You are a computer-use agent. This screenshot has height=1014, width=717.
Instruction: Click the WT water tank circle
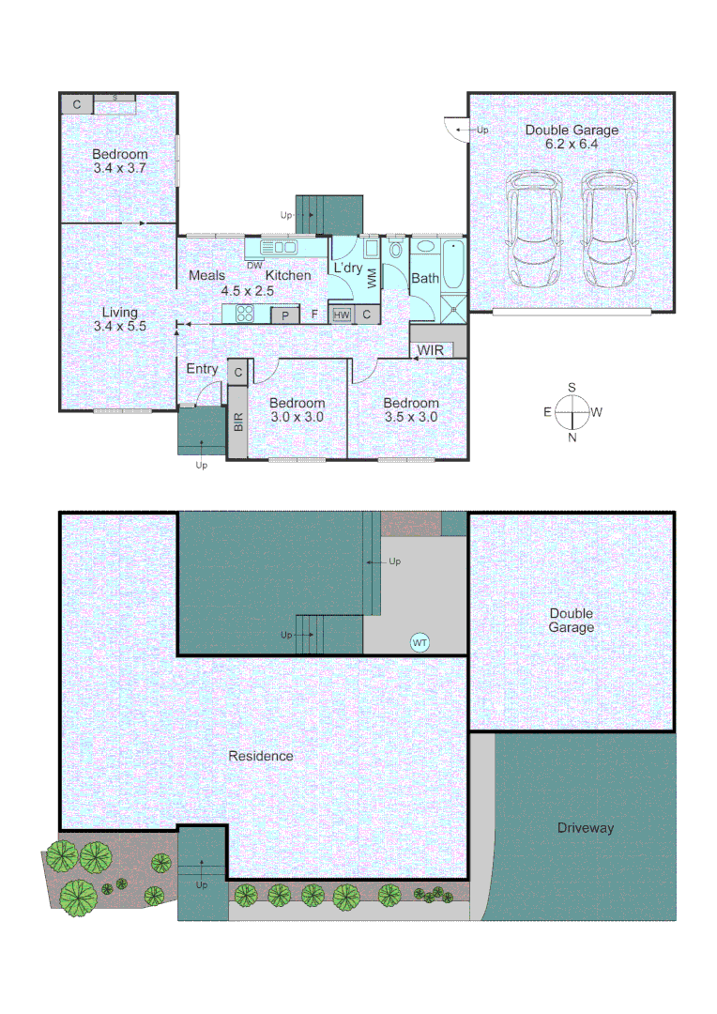point(420,642)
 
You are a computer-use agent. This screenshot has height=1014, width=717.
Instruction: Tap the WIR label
point(431,350)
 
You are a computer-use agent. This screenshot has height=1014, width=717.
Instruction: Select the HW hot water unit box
point(342,315)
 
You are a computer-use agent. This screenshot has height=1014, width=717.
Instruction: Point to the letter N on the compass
point(572,436)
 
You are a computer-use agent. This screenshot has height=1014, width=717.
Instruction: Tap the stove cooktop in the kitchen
point(246,315)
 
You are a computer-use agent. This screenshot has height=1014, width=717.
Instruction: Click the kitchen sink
point(281,247)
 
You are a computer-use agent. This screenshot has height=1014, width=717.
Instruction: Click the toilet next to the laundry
point(394,250)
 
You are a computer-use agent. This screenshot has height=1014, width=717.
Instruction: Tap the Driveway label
point(585,828)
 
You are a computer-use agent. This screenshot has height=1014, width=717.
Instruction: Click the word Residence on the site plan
point(262,756)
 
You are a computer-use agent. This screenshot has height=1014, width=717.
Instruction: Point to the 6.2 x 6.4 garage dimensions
point(572,145)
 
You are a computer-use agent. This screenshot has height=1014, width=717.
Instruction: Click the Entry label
point(202,369)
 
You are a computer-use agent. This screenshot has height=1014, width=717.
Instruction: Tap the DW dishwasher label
point(254,265)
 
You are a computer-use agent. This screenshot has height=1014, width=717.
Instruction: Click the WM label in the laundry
point(372,278)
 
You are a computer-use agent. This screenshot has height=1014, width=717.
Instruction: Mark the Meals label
point(206,275)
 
